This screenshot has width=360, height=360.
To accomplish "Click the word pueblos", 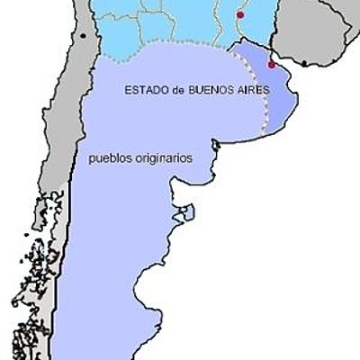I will point(107,157).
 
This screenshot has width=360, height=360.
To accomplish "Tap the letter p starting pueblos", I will point(92,158).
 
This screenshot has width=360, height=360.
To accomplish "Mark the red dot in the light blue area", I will point(239,14).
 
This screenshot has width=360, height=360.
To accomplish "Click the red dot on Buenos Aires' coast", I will point(272,65).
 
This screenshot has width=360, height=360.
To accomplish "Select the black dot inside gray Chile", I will point(84,36).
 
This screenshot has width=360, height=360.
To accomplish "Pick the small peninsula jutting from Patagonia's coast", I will point(188,215).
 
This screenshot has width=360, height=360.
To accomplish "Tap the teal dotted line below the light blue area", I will point(180,45).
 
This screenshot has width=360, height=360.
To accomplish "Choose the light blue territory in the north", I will point(180,22).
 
